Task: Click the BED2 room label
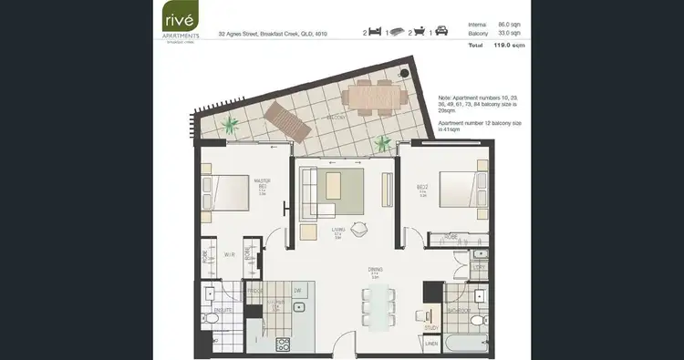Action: (x=423, y=189)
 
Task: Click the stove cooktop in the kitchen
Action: (x=283, y=344)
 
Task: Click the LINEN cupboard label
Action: (x=431, y=345)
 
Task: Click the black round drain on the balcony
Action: (x=403, y=72)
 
